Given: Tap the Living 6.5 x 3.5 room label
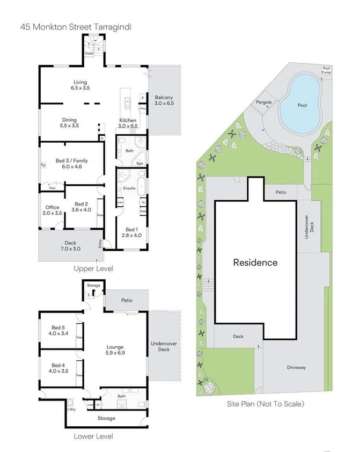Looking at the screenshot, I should (x=80, y=85).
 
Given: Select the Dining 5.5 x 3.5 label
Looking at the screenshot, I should (x=69, y=123).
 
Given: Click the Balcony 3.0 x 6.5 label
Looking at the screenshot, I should (x=164, y=100).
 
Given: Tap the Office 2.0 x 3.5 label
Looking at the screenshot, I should (x=52, y=210).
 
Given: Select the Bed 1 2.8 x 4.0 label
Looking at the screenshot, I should (x=132, y=232).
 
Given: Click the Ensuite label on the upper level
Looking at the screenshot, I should (x=129, y=188).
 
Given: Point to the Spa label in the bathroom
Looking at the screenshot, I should (x=139, y=163).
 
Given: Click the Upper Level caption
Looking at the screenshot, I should (x=93, y=268).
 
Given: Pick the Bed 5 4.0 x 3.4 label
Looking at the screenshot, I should (x=59, y=330).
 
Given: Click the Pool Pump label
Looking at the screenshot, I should (x=326, y=70).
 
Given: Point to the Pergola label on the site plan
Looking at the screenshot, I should (x=263, y=101).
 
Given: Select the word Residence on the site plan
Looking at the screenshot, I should (x=255, y=263).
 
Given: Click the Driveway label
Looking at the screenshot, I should (x=296, y=367).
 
